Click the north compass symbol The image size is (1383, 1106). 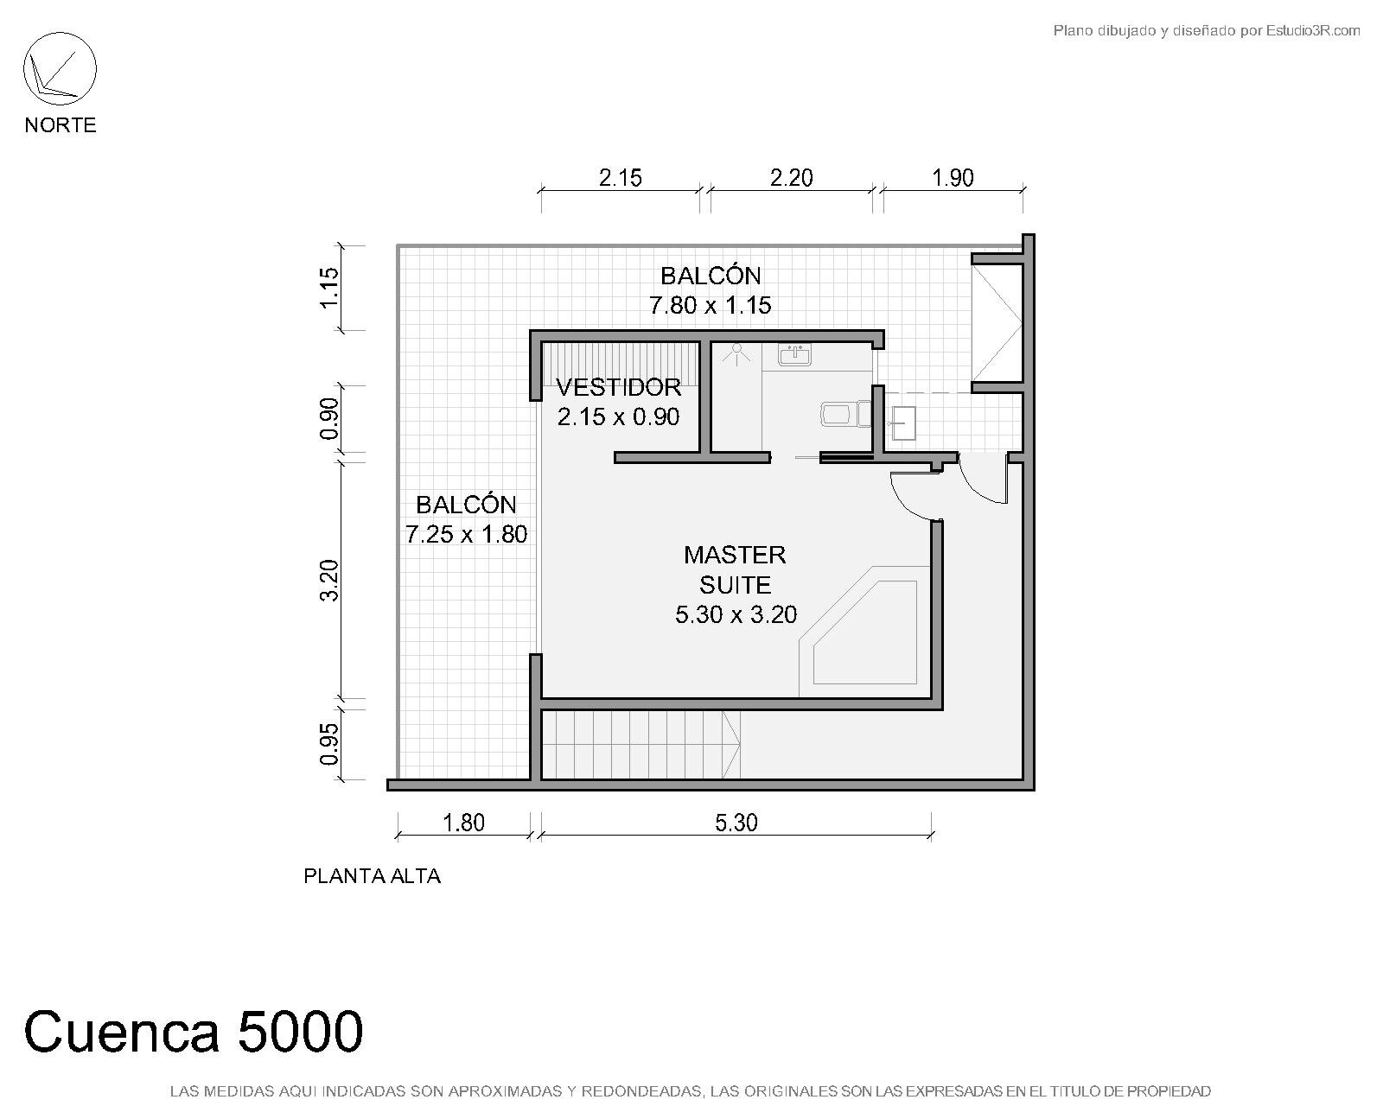click(x=60, y=69)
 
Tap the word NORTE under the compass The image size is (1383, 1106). click(x=61, y=124)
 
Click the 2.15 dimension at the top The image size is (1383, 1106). click(x=620, y=178)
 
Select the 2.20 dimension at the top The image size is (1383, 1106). click(x=791, y=178)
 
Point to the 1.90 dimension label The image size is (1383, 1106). click(x=953, y=178)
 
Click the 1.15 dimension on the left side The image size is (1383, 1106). click(x=328, y=288)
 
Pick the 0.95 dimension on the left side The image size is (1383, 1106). click(x=328, y=744)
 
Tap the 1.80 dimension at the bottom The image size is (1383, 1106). click(x=463, y=823)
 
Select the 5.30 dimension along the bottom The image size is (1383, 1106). click(x=736, y=823)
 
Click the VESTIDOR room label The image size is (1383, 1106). click(x=618, y=387)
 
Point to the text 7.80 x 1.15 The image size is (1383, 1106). click(x=711, y=305)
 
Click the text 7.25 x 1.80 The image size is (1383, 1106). click(x=467, y=534)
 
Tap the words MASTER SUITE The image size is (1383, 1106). click(x=736, y=570)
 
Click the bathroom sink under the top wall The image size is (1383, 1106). click(x=795, y=355)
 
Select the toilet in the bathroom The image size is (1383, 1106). click(x=845, y=414)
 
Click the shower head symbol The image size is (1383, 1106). click(x=736, y=353)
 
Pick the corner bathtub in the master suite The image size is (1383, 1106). click(x=864, y=632)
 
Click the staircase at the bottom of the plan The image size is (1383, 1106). click(x=641, y=744)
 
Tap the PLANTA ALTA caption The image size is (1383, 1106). click(x=372, y=876)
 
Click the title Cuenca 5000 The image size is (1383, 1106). click(x=194, y=1032)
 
